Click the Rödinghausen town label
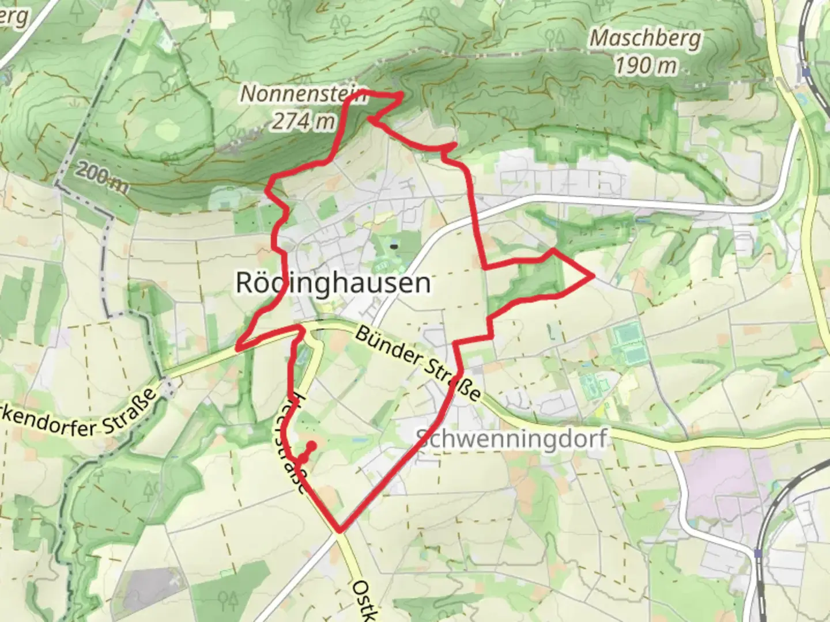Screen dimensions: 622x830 [x=333, y=283]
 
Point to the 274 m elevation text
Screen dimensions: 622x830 [x=303, y=121]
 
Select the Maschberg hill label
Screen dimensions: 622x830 [x=646, y=39]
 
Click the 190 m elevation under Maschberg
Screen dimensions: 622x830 [x=646, y=66]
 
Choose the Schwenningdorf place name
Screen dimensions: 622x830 [x=511, y=439]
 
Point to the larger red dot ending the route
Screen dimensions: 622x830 [x=311, y=445]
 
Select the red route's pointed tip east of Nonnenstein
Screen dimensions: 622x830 [x=401, y=94]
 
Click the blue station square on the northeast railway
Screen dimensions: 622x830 [x=806, y=73]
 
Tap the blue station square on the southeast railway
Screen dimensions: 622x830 [x=757, y=553]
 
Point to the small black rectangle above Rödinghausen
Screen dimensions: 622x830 [x=394, y=246]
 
